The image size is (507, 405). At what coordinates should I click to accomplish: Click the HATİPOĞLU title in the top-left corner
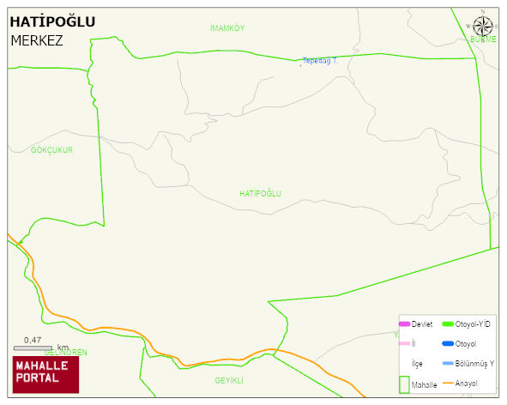(x=52, y=22)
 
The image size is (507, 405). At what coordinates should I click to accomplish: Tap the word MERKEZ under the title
(x=37, y=40)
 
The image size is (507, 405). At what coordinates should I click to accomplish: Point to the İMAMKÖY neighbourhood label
(x=227, y=28)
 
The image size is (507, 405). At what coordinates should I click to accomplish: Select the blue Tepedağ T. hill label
(x=320, y=61)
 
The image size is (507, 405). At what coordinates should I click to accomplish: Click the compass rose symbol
(x=483, y=25)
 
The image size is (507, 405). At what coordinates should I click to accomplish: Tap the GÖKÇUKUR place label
(x=51, y=150)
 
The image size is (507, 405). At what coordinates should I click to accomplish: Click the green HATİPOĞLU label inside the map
(x=261, y=194)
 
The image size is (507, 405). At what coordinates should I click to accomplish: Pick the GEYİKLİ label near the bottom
(x=230, y=380)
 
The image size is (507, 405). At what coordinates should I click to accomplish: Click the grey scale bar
(x=33, y=348)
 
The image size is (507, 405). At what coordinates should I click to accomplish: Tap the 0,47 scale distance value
(x=33, y=340)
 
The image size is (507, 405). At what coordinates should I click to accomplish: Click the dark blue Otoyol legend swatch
(x=447, y=344)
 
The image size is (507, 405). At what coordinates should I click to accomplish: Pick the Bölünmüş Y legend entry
(x=474, y=364)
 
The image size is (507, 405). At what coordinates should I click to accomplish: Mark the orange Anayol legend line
(x=447, y=383)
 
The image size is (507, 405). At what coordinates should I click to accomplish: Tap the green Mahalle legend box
(x=405, y=384)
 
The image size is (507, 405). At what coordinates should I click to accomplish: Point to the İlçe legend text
(x=417, y=364)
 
